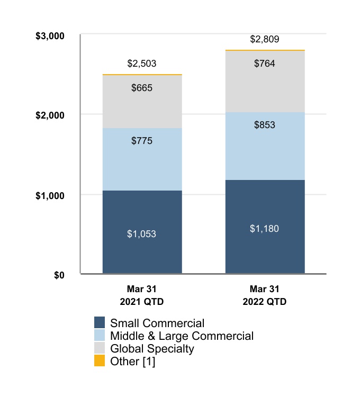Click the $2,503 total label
[x=142, y=64]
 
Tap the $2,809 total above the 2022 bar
[x=265, y=39]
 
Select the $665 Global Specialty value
[x=142, y=88]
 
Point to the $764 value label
[x=265, y=64]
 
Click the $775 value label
[x=142, y=141]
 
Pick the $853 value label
[x=265, y=125]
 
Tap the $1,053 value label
[x=142, y=233]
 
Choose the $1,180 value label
[x=265, y=229]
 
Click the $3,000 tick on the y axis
[x=49, y=36]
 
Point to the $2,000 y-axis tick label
[x=49, y=115]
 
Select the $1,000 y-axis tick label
[x=49, y=195]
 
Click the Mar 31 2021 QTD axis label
[x=142, y=295]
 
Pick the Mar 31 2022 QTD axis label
[x=265, y=295]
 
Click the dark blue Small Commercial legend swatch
[x=100, y=323]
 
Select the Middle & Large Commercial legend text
[x=182, y=336]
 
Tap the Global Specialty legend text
[x=152, y=349]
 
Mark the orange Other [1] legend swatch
[x=100, y=362]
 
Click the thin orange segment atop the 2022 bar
[x=265, y=50]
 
